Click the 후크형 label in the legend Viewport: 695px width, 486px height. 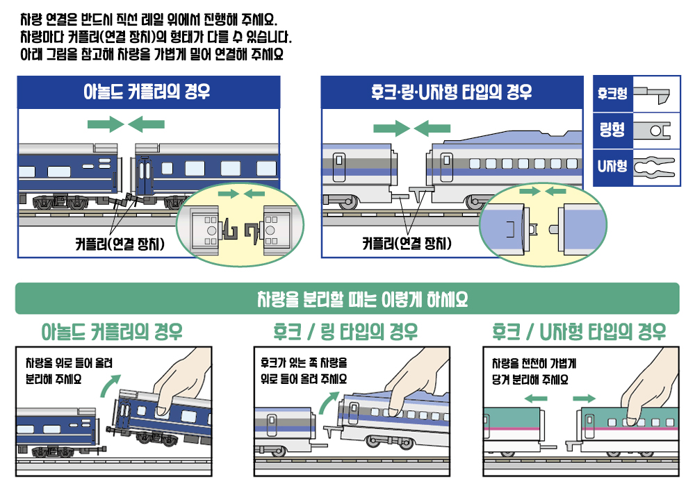(x=612, y=92)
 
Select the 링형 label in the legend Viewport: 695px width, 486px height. (x=612, y=129)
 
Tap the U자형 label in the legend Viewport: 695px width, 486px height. (x=612, y=167)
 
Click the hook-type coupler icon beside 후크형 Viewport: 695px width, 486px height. (x=654, y=94)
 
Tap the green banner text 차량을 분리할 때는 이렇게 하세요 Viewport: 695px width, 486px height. (x=347, y=299)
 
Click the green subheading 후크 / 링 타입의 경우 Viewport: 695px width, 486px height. (x=346, y=331)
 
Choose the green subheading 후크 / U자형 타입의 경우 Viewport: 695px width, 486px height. (x=579, y=331)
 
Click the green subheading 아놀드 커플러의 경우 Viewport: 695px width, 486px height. (x=112, y=331)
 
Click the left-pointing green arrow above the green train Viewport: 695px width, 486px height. (x=534, y=399)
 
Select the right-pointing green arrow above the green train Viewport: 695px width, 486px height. (x=584, y=399)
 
